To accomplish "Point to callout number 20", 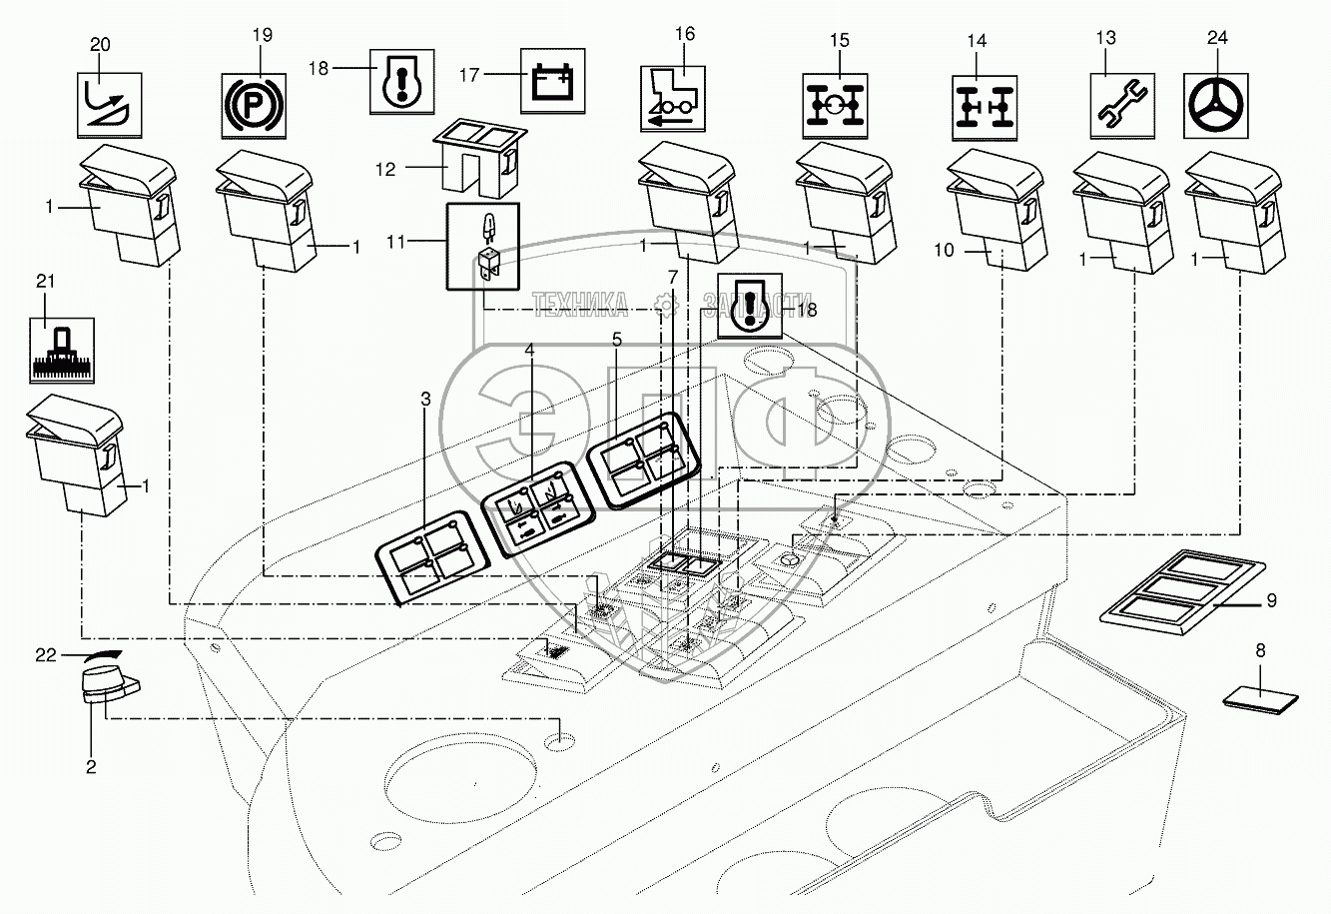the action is [x=101, y=45].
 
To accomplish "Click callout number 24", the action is [x=1217, y=38].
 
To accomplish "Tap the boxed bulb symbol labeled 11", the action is [x=484, y=245].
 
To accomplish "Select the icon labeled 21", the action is [x=63, y=350].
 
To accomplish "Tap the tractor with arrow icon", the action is [x=673, y=97].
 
